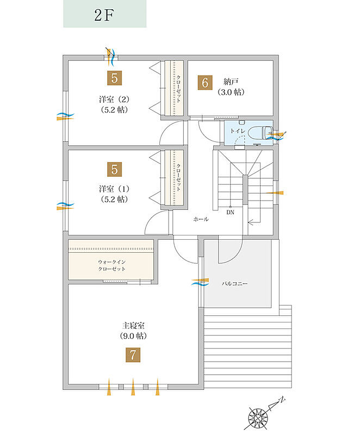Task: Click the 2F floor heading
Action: point(104,15)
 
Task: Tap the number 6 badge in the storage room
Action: point(205,83)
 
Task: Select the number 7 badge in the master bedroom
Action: point(133,355)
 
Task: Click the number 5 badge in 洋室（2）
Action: point(115,78)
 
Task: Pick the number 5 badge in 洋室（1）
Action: point(115,169)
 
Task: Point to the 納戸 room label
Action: point(231,82)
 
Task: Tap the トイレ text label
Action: point(238,130)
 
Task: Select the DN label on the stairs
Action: point(230,212)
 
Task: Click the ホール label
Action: point(201,219)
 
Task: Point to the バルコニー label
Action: point(234,284)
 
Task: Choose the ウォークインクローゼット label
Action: point(112,265)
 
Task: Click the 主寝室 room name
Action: point(133,325)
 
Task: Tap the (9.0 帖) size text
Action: point(133,336)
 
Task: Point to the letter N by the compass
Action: point(282,400)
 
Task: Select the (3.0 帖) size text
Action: point(231,92)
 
